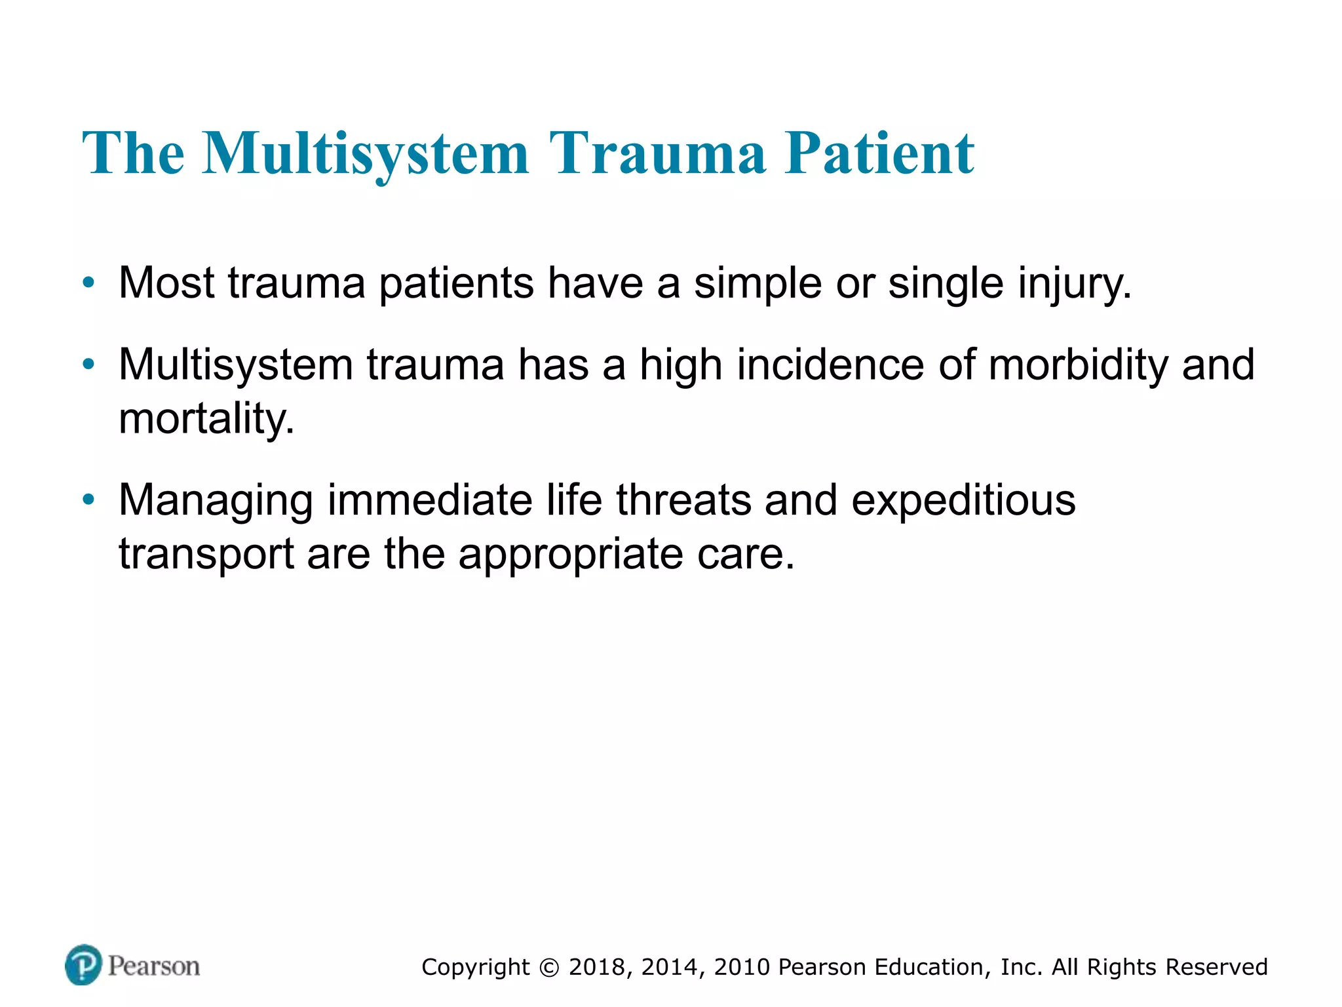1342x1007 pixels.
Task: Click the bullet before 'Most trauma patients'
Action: click(x=88, y=283)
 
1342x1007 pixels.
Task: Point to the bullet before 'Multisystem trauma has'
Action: click(x=88, y=365)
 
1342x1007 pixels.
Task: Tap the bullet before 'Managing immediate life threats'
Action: click(x=88, y=500)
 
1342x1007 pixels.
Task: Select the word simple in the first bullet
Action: click(x=757, y=283)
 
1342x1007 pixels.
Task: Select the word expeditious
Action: click(x=963, y=500)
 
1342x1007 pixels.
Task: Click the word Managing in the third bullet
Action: click(x=216, y=500)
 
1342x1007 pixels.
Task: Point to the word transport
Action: click(x=206, y=554)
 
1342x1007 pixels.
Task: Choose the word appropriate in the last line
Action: click(x=570, y=554)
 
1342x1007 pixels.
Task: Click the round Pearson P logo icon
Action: click(x=83, y=964)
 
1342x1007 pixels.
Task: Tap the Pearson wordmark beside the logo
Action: click(x=154, y=966)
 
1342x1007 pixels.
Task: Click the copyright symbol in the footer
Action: click(x=550, y=968)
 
